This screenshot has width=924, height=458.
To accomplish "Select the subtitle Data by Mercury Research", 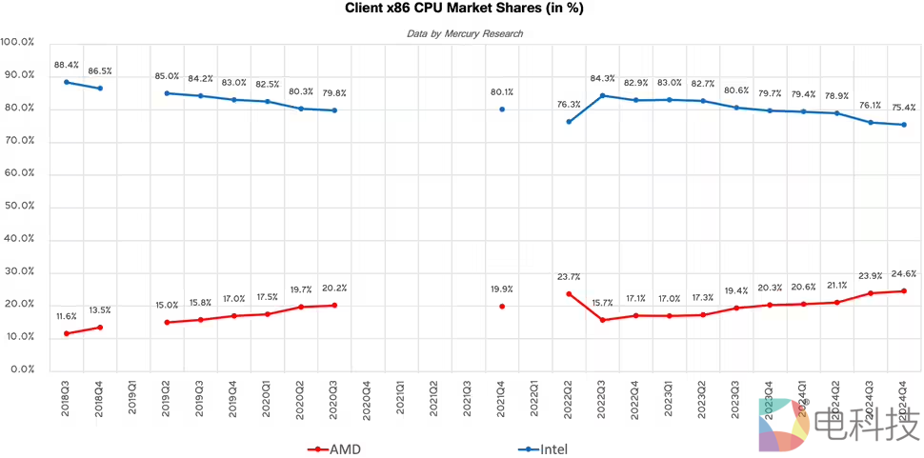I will click(x=465, y=33).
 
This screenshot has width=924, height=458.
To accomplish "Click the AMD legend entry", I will click(x=334, y=448).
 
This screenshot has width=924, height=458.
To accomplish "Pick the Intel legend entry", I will click(x=547, y=448).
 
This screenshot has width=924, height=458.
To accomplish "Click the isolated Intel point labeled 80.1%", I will click(x=502, y=110).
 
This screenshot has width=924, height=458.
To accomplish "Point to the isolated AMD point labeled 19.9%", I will click(x=502, y=307).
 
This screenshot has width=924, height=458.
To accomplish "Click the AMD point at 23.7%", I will click(x=569, y=294).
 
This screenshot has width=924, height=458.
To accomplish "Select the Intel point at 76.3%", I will click(x=569, y=122).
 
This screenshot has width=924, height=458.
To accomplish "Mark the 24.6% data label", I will click(x=904, y=273).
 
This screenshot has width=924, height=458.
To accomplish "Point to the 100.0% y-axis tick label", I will click(x=18, y=43).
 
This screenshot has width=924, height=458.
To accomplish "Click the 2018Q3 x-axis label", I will click(x=67, y=396).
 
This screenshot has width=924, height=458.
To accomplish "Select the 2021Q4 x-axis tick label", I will click(x=502, y=396).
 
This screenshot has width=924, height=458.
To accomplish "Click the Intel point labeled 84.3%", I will click(x=602, y=95).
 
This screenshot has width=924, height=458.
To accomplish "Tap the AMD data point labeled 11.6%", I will click(x=67, y=333).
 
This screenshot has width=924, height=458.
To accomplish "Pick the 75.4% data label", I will click(x=904, y=108).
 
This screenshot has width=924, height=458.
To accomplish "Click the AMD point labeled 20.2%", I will click(x=334, y=305).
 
